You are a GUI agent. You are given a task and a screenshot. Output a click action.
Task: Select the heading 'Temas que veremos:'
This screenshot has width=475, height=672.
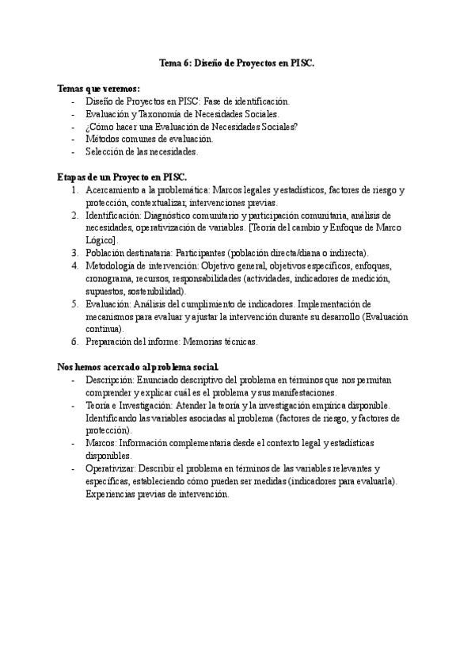(x=99, y=88)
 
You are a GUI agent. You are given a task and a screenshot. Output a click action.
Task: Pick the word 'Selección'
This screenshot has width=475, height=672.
(x=104, y=151)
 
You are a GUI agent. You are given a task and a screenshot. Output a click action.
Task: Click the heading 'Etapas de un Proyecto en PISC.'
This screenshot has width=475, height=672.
(x=122, y=177)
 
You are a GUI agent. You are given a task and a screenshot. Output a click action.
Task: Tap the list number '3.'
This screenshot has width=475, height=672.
(x=74, y=252)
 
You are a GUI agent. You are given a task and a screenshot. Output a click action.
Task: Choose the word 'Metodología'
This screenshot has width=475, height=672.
(x=112, y=265)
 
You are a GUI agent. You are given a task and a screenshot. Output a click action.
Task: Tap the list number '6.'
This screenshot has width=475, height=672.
(x=74, y=342)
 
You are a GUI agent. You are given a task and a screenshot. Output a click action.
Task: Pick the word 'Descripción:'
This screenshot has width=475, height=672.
(x=111, y=380)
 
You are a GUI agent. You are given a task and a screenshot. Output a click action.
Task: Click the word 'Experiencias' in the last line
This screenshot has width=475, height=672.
(x=112, y=494)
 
